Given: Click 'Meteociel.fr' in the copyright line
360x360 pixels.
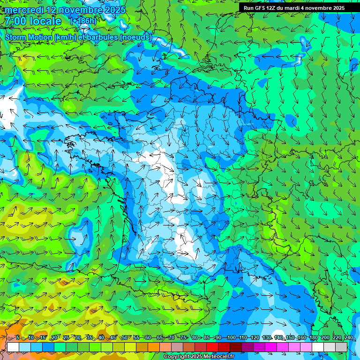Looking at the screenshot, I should click(x=218, y=357).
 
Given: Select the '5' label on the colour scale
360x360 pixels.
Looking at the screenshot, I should click(x=17, y=338).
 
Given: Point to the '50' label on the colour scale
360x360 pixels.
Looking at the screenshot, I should click(x=125, y=338).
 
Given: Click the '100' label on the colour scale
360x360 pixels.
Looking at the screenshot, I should click(x=231, y=338).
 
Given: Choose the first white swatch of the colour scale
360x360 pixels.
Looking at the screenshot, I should click(x=13, y=347).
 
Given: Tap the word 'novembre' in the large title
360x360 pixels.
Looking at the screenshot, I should click(x=74, y=10).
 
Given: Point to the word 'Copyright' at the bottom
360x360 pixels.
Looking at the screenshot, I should click(x=177, y=357).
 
